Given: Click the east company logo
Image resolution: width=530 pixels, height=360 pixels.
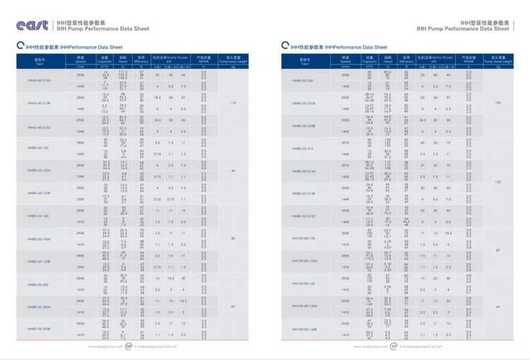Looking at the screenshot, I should [x=33, y=25].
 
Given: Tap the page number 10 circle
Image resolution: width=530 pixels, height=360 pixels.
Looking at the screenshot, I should [x=394, y=347].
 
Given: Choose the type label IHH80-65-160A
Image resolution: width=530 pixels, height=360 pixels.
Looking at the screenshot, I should [x=39, y=239].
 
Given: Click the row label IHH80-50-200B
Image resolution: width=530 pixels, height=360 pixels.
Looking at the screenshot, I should [x=39, y=329].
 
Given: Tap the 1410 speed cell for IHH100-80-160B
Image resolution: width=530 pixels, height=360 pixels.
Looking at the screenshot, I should [x=346, y=335].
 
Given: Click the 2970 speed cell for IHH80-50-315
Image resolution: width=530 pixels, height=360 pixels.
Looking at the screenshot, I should [x=346, y=142].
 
